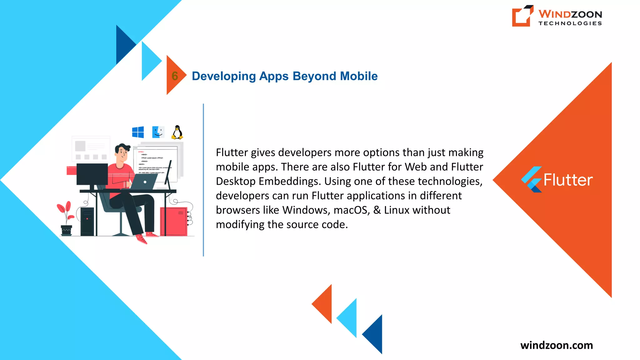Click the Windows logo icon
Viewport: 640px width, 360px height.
point(138,132)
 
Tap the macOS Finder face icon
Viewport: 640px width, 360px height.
point(158,132)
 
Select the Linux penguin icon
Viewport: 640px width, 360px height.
point(177,132)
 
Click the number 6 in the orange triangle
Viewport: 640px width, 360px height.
point(175,76)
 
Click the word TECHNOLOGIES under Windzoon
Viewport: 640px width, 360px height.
point(570,23)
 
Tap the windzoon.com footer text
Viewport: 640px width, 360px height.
point(557,345)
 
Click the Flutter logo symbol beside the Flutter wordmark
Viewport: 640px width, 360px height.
point(532,179)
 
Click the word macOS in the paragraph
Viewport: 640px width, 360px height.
point(352,210)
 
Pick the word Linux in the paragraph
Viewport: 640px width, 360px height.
point(397,210)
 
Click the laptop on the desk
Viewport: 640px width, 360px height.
point(143,182)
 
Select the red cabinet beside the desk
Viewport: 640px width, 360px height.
point(173,221)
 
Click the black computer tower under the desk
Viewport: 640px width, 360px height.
point(87,221)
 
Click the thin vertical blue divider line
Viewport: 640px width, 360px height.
point(203,180)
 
